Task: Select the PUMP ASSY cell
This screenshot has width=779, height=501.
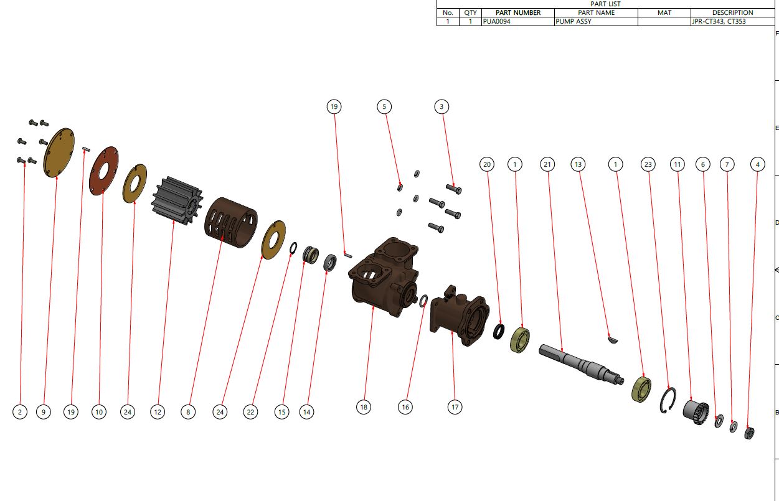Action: [x=595, y=21]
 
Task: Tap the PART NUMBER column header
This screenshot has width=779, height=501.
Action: [x=517, y=12]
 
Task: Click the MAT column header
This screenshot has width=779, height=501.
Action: [x=664, y=12]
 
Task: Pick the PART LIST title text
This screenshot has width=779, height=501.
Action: [x=605, y=4]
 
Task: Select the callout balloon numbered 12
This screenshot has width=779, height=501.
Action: [x=158, y=411]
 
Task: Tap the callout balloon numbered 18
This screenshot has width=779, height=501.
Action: [x=364, y=407]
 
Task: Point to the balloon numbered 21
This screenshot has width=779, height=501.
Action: [x=547, y=164]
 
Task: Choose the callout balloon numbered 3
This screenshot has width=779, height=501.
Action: [x=441, y=107]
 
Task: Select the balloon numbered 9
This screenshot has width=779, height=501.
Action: [x=43, y=411]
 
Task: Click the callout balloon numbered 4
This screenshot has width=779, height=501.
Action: [x=757, y=164]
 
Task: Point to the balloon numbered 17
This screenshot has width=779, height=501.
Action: [x=455, y=407]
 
